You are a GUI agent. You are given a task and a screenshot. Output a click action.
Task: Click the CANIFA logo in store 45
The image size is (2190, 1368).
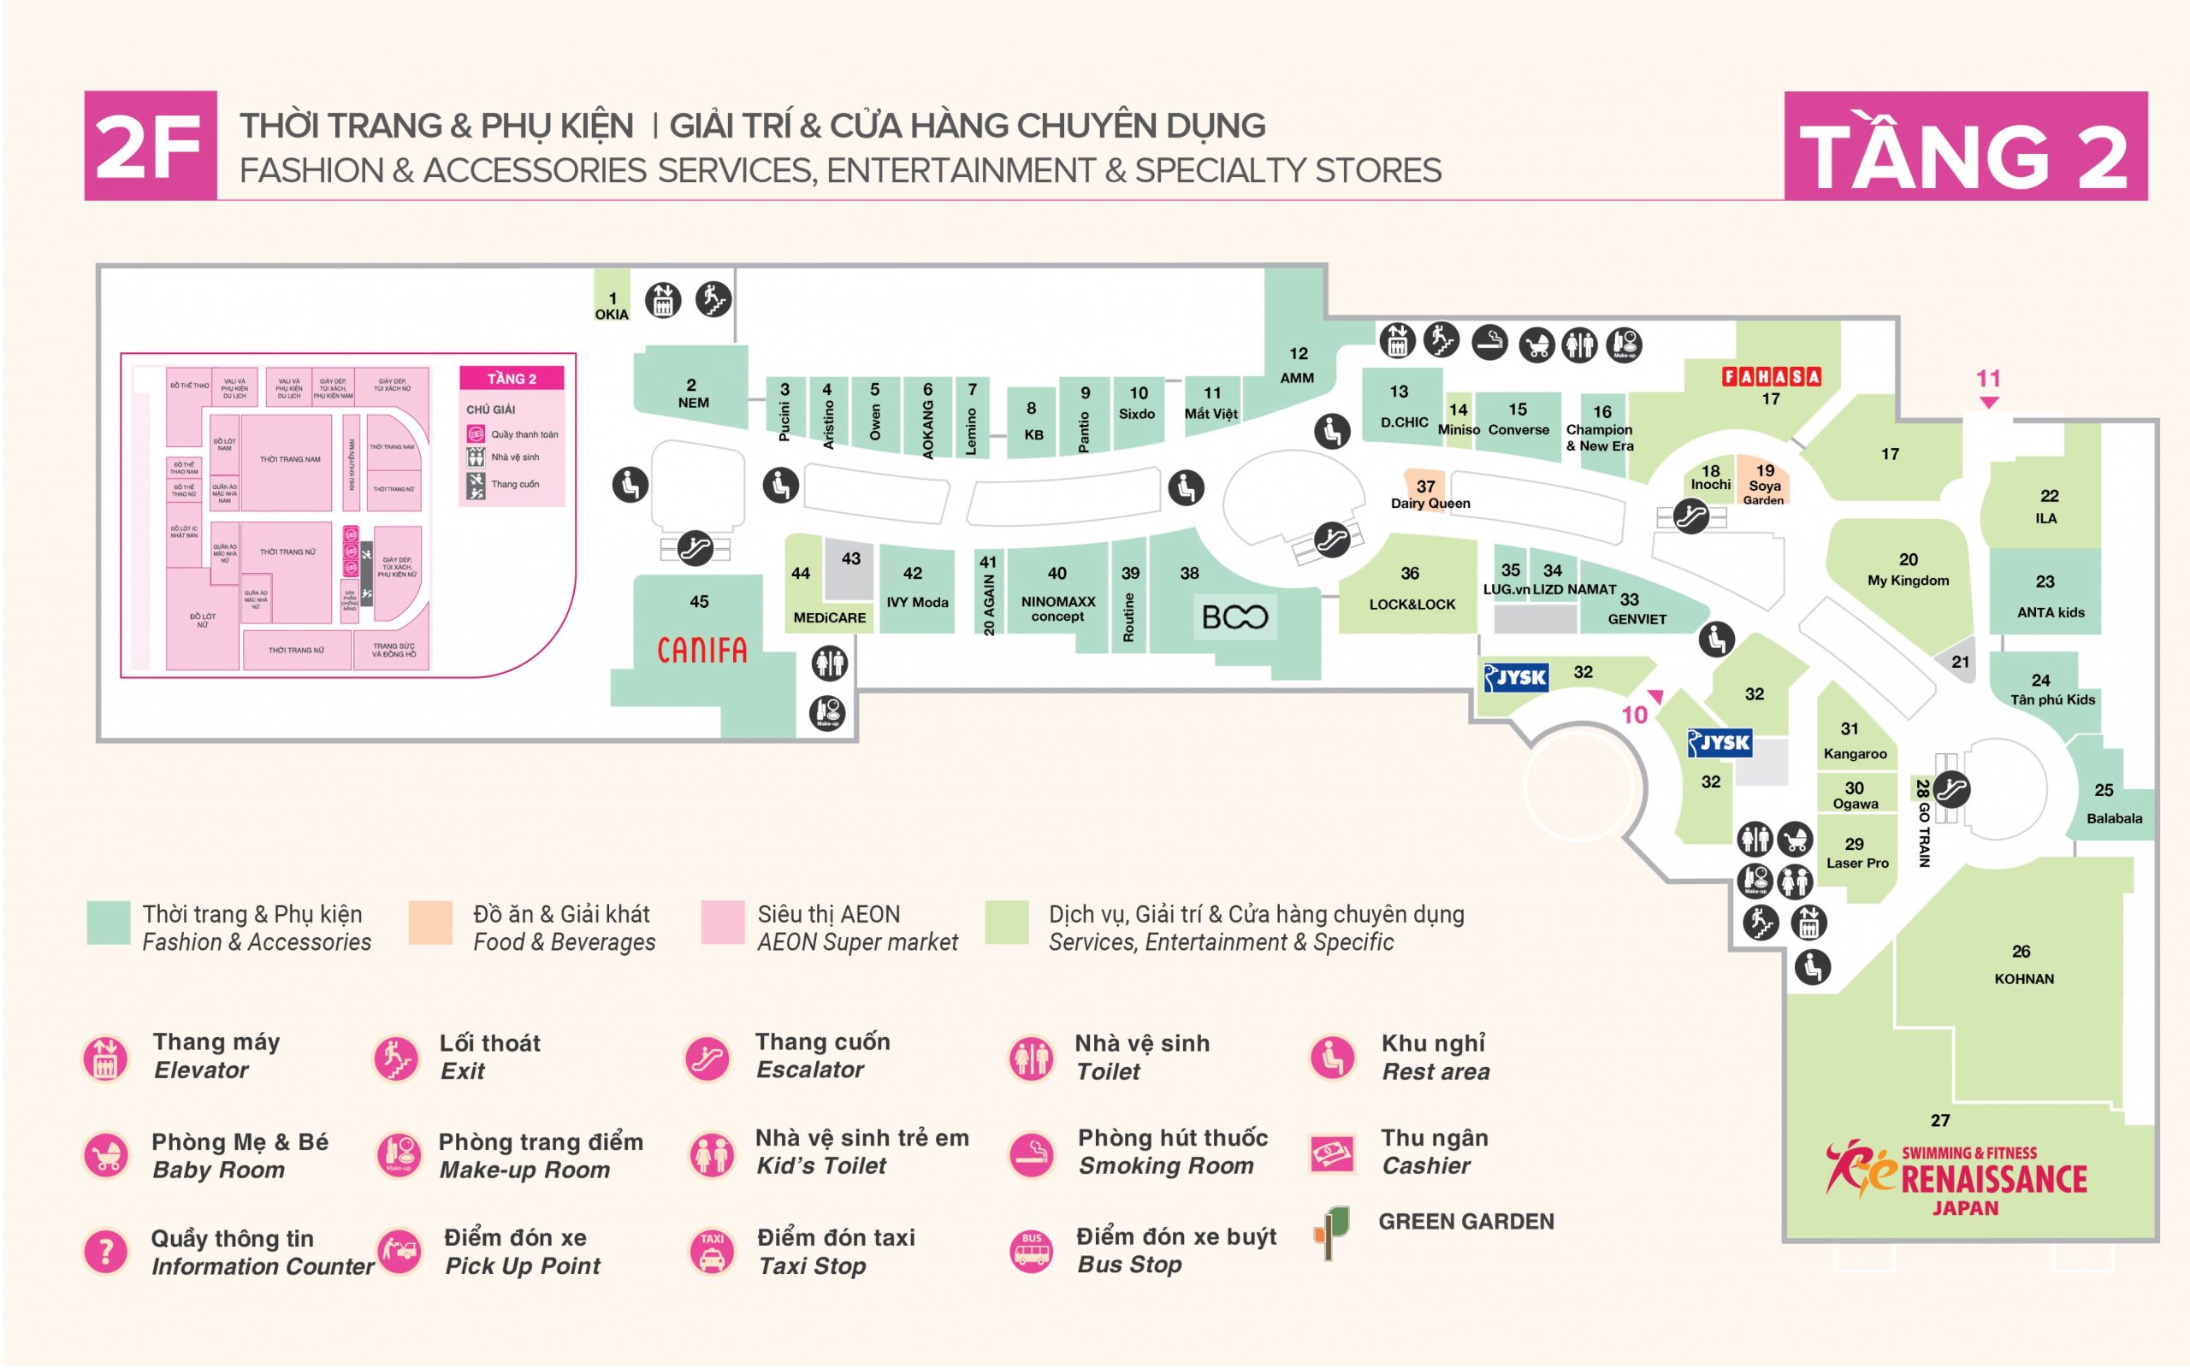click(x=701, y=650)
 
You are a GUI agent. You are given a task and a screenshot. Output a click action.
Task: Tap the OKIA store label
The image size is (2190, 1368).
click(x=612, y=314)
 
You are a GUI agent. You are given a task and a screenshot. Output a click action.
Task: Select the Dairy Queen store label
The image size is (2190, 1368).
click(x=1429, y=503)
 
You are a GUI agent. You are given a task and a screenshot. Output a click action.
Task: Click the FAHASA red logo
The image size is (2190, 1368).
click(x=1771, y=376)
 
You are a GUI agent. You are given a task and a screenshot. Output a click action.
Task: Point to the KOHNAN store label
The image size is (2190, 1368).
click(x=2023, y=978)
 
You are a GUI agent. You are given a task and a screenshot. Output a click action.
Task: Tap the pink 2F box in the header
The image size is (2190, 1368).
click(x=151, y=145)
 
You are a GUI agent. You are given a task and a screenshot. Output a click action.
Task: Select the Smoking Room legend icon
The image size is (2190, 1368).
click(x=1032, y=1155)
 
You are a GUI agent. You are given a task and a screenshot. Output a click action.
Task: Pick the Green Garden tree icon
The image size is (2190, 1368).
click(x=1331, y=1231)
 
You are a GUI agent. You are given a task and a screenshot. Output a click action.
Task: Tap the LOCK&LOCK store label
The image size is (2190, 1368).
click(x=1412, y=604)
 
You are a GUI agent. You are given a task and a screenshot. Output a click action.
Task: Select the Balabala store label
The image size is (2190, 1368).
click(x=2114, y=818)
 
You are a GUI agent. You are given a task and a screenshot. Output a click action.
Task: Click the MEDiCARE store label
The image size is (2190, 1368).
click(x=829, y=617)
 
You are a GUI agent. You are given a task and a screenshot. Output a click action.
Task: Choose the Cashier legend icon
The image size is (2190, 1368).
click(x=1332, y=1153)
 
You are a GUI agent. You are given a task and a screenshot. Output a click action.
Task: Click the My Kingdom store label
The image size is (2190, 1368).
click(x=1908, y=580)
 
